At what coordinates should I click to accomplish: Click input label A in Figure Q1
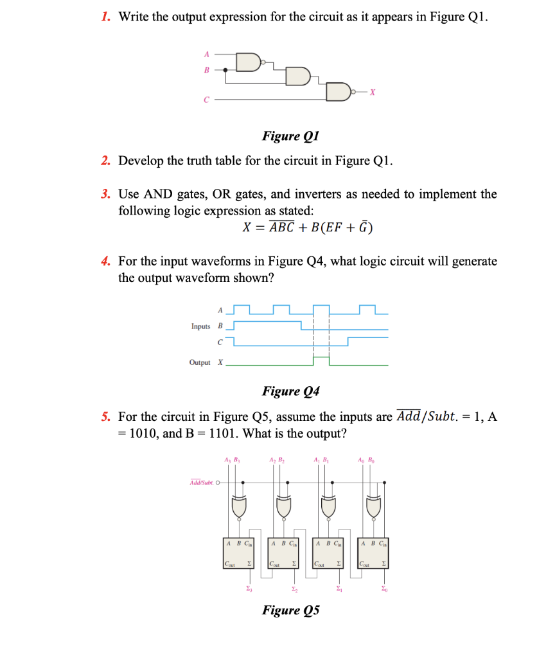[x=207, y=54]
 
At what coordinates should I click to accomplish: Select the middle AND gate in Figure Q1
[x=296, y=77]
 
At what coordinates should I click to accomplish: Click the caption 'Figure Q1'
[x=290, y=136]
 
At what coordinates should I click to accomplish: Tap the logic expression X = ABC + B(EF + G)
[x=308, y=227]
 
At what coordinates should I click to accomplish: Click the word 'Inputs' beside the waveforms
[x=200, y=326]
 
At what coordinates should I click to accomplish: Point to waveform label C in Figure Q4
[x=220, y=341]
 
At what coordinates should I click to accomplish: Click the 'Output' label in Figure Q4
[x=200, y=363]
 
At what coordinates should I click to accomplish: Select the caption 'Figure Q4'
[x=291, y=391]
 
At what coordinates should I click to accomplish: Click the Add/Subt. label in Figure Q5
[x=202, y=483]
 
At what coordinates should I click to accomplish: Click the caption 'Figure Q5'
[x=291, y=610]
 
